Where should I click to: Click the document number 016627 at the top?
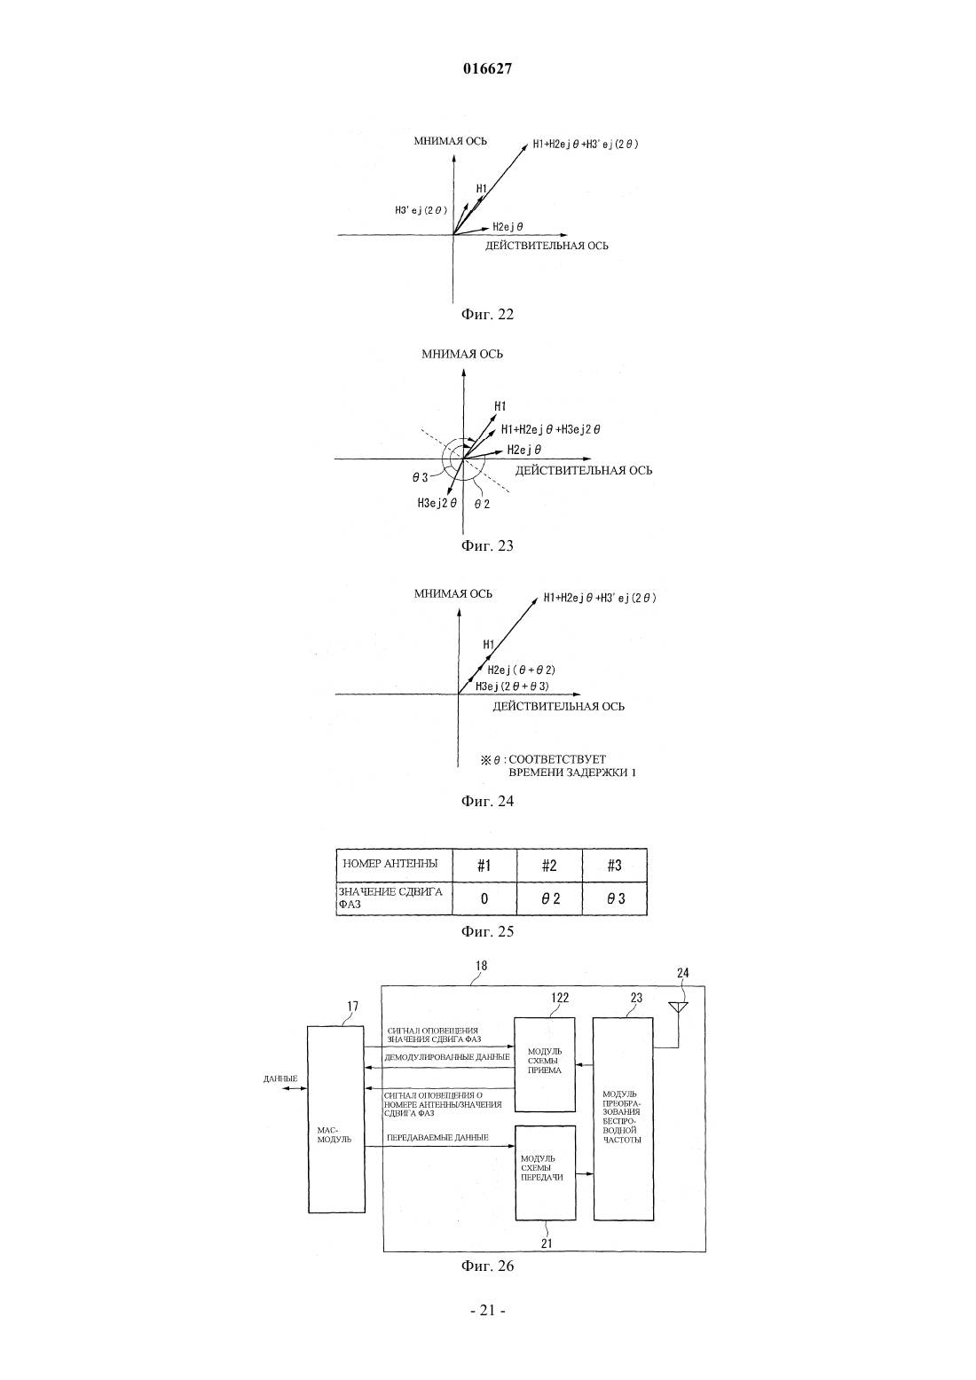click(487, 69)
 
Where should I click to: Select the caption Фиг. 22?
click(487, 314)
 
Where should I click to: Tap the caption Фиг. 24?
click(487, 801)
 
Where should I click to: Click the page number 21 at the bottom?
click(487, 1311)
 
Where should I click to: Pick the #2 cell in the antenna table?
click(549, 866)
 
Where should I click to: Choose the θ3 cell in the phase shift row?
click(614, 898)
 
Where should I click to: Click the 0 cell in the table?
click(484, 898)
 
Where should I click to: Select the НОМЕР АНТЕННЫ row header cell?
click(394, 866)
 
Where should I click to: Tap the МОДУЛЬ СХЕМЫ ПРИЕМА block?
click(545, 1064)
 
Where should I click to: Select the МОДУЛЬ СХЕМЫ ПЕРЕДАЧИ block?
click(546, 1172)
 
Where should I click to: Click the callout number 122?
click(560, 998)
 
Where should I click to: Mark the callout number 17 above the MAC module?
click(352, 1006)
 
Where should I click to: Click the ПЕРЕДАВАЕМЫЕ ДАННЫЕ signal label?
click(437, 1137)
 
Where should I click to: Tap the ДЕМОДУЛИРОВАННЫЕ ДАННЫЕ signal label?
click(446, 1057)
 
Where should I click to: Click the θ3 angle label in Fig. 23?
click(421, 477)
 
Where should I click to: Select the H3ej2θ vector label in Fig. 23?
click(437, 503)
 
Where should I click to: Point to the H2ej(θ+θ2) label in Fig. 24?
click(522, 670)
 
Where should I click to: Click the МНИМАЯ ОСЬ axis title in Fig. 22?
click(451, 141)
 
